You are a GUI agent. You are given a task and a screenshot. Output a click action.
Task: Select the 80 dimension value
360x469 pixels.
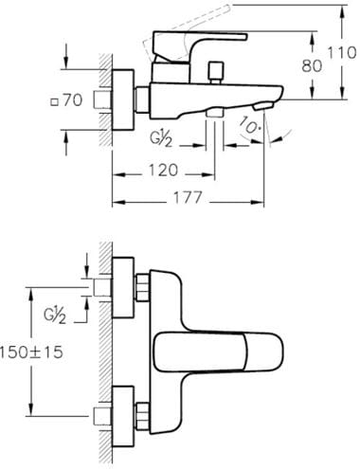click(312, 66)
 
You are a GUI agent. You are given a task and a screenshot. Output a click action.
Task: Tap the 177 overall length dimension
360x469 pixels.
click(188, 198)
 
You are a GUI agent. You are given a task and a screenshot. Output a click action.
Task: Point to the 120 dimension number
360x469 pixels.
click(163, 171)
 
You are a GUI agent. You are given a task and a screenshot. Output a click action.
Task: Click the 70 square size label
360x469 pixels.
click(73, 100)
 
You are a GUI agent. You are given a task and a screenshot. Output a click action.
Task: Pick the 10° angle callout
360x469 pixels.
click(247, 125)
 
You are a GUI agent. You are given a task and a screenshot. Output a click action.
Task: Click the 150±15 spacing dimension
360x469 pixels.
click(31, 352)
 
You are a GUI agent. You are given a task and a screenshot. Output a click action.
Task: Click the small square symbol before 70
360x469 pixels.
click(55, 102)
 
